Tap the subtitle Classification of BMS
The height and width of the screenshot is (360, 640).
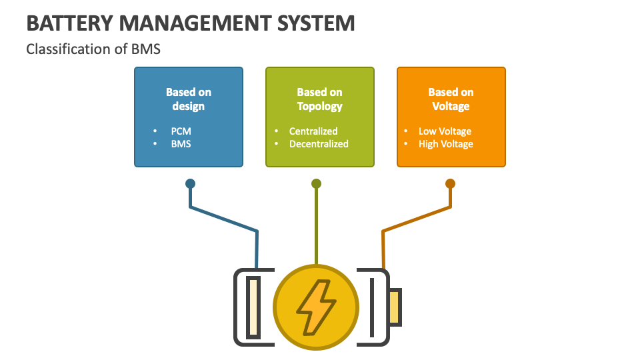point(93,49)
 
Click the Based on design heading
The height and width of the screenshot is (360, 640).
point(189,99)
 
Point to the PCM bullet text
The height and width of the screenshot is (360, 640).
point(181,131)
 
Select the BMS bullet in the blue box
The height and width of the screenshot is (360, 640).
point(181,143)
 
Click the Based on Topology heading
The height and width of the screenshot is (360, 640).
point(320,99)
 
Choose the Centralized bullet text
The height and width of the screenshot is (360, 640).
point(313,131)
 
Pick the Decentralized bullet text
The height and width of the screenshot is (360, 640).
point(319,143)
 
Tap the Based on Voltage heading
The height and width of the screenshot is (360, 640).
point(451,99)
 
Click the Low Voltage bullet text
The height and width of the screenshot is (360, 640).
point(445,131)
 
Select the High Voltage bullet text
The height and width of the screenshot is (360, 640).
point(445,144)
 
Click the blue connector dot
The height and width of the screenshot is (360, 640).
point(190,183)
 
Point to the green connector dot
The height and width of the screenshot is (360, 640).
point(316,183)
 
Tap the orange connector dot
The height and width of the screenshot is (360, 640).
point(450,183)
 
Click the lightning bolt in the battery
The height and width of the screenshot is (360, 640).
point(316,307)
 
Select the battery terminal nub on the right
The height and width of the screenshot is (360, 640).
point(395,307)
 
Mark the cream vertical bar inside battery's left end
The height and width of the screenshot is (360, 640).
point(253,307)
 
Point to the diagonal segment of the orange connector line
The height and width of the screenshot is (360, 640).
point(417,219)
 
